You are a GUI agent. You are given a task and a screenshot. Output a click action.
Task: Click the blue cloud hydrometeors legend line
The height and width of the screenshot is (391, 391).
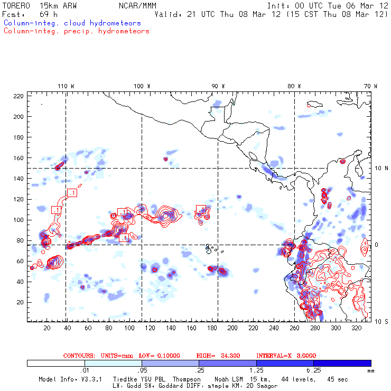pyautogui.click(x=72, y=23)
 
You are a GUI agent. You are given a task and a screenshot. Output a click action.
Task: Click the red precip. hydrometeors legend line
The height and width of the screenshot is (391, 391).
pyautogui.click(x=76, y=31)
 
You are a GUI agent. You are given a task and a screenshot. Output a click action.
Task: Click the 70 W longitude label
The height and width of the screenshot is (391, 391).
pyautogui.click(x=371, y=86)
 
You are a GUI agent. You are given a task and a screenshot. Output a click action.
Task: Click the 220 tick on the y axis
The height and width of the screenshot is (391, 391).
pyautogui.click(x=19, y=96)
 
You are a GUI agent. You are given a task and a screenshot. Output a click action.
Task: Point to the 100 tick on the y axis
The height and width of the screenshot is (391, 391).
pyautogui.click(x=19, y=220)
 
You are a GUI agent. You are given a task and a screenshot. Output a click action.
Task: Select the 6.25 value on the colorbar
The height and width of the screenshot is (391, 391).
pyautogui.click(x=314, y=371)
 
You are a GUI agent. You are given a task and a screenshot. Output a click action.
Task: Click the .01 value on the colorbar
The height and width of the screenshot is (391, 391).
pyautogui.click(x=85, y=371)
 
